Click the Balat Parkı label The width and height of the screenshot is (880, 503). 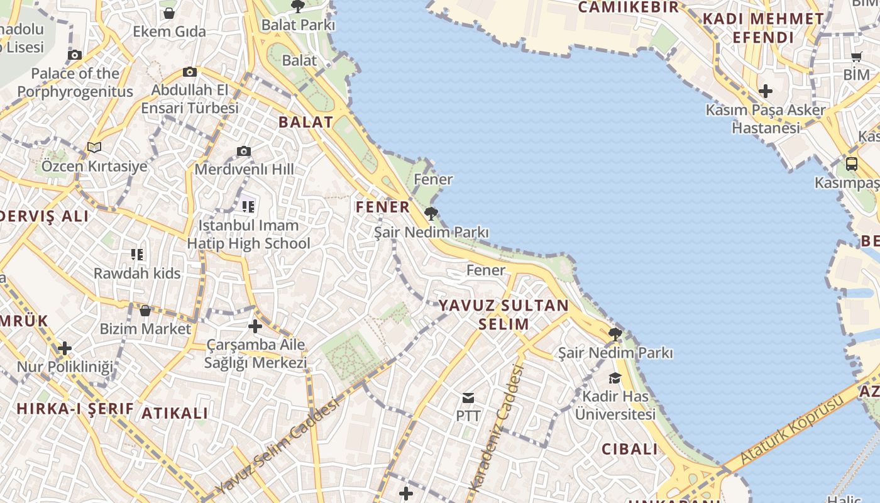pos(298,25)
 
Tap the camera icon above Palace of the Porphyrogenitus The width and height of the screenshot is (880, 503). pos(75,55)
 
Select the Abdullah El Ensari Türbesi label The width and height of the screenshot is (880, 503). pos(190,99)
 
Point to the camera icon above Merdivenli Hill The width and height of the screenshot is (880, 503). pos(244,151)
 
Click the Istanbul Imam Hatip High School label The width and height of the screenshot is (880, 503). pos(249,235)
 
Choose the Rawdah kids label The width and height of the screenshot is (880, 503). pos(137,274)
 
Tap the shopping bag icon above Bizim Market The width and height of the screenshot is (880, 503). pos(145,311)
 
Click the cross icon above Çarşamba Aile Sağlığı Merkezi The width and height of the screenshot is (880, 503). pos(255,326)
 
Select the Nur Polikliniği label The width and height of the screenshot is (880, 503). pos(65,367)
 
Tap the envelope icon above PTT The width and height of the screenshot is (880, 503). pos(468,397)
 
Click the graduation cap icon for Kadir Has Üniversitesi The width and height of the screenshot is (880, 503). pos(615,378)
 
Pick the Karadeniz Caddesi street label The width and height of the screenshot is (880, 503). pos(497,428)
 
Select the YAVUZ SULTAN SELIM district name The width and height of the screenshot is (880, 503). pos(503,315)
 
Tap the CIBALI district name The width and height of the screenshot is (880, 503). pos(630,449)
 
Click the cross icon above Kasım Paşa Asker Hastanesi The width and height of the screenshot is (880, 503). pos(765,91)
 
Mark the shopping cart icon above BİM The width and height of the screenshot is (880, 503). pos(856,57)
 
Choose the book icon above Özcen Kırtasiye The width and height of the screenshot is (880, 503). pos(94,147)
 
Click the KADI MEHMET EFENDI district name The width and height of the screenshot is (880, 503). pos(763,28)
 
